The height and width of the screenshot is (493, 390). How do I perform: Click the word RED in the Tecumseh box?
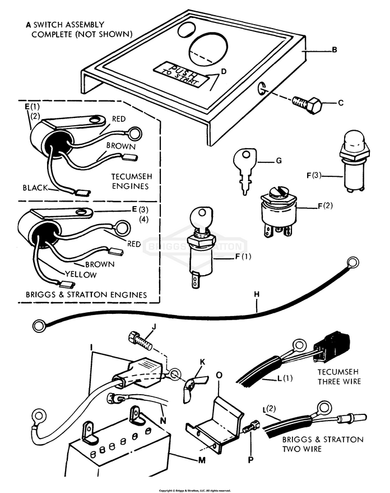coord(119,119)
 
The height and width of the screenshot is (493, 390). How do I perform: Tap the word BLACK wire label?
coord(35,187)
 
